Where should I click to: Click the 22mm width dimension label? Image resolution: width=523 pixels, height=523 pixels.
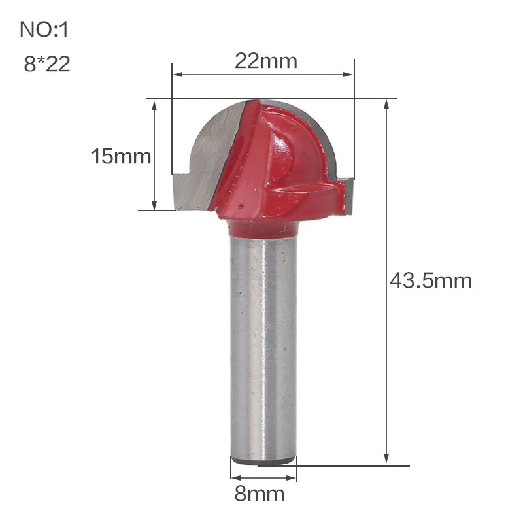266,61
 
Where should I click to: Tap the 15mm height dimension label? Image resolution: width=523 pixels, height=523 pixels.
121,157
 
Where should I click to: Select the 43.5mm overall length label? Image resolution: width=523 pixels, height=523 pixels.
430,281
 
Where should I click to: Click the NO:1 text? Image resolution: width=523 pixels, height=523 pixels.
44,29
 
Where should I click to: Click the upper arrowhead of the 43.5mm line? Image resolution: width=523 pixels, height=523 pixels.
388,105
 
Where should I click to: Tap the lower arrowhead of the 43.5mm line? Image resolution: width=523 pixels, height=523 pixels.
388,460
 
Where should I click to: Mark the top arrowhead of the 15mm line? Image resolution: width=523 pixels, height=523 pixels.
155,105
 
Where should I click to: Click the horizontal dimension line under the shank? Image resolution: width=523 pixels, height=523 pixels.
263,475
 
